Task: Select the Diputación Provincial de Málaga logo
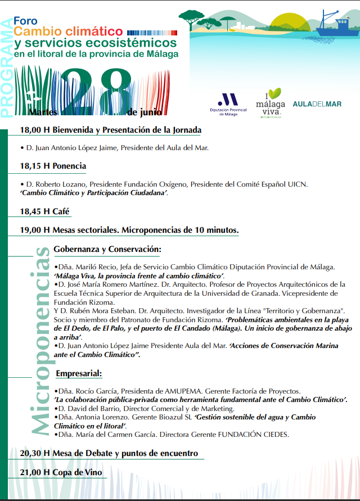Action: pos(227,104)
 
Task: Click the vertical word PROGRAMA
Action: pos(7,67)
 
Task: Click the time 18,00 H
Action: pos(35,130)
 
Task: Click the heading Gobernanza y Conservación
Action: pos(107,249)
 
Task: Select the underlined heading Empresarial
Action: pos(79,373)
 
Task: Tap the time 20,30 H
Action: pos(35,453)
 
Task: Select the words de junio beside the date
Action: pos(140,111)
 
